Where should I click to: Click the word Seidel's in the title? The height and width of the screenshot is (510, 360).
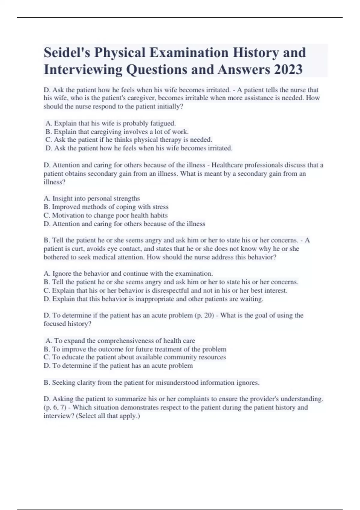click(67, 53)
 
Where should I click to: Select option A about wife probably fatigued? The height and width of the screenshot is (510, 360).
click(110, 123)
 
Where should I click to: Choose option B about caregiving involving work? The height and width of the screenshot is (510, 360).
click(117, 132)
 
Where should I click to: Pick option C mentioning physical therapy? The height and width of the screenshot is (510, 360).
click(129, 140)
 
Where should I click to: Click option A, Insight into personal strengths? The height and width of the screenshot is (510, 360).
click(92, 199)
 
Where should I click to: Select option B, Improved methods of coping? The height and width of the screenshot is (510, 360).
click(106, 207)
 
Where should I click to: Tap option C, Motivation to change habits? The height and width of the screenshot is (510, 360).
click(106, 215)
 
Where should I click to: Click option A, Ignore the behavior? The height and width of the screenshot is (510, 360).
click(128, 274)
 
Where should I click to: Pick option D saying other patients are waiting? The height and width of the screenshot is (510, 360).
click(153, 299)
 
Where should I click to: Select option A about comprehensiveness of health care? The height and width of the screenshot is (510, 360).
click(120, 341)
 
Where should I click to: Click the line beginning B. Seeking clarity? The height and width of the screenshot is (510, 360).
click(151, 382)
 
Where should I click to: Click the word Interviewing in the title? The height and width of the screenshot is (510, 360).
click(83, 70)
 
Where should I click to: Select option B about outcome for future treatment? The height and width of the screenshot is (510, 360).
click(135, 349)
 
